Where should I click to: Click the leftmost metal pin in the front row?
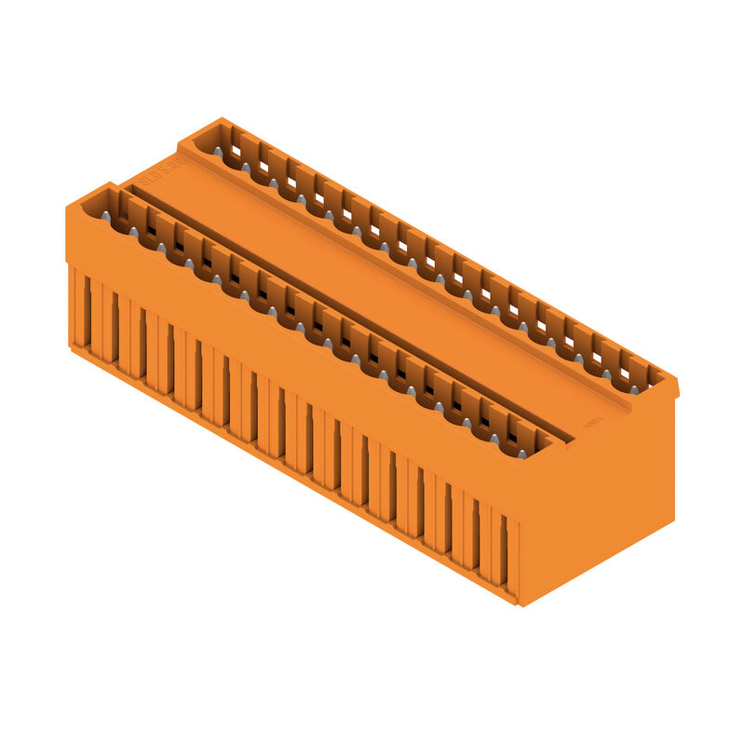click(106, 216)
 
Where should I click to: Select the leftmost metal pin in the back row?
click(218, 151)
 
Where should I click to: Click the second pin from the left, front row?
click(134, 232)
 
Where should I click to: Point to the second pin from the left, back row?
click(246, 167)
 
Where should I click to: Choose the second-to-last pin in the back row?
click(606, 373)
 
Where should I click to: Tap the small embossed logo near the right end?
click(592, 422)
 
